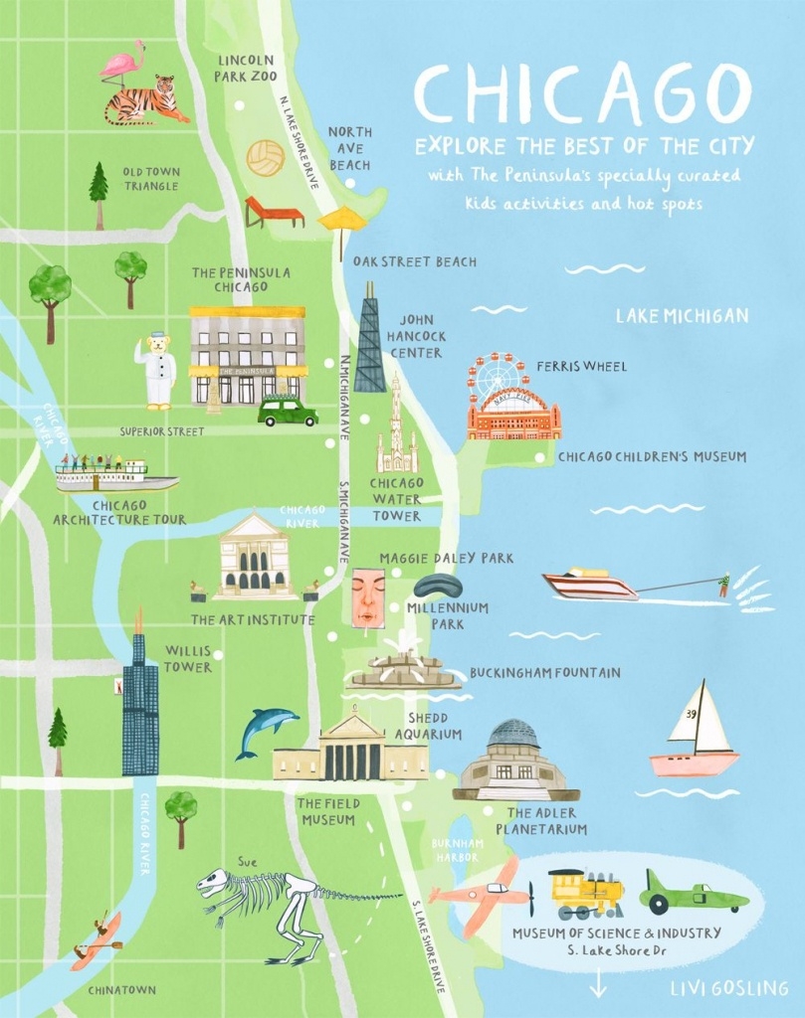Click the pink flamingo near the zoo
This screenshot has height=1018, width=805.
click(124, 64)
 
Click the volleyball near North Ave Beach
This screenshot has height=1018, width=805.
click(266, 157)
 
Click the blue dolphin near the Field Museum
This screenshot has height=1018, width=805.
click(266, 730)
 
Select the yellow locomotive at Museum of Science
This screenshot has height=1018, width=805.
click(586, 892)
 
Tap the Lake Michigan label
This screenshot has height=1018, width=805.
click(681, 316)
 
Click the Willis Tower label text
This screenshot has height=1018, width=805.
click(188, 658)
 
